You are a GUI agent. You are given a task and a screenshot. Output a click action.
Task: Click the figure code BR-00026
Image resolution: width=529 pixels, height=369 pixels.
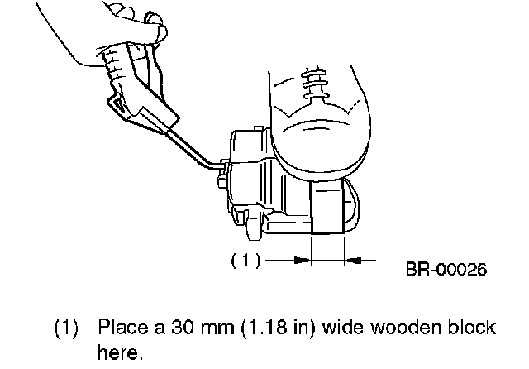(x=446, y=269)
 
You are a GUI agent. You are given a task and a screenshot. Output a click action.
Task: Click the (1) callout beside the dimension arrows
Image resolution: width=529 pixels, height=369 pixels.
(x=245, y=260)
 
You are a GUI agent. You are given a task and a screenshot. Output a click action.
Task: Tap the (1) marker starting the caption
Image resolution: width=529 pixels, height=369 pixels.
(x=67, y=327)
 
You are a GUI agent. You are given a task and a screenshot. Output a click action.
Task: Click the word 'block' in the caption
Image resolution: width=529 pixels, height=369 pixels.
(x=472, y=327)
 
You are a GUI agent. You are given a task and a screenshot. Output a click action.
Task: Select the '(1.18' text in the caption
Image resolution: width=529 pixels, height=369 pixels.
(x=257, y=327)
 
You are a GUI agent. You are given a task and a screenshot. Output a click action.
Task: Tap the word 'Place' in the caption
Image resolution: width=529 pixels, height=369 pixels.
(x=122, y=327)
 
